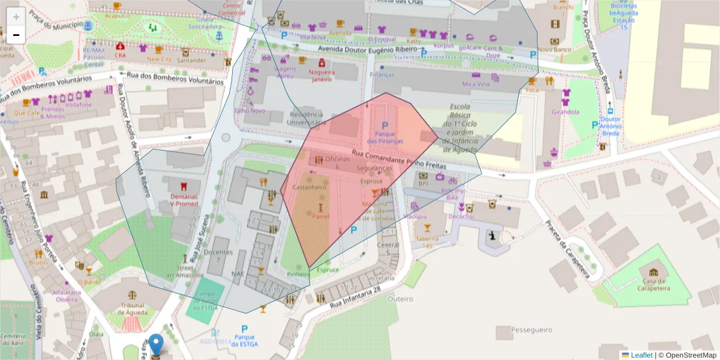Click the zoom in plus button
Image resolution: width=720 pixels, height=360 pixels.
click(16, 16)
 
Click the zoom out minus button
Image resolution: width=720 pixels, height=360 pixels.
click(16, 35)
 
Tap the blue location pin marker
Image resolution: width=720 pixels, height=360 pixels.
click(156, 345)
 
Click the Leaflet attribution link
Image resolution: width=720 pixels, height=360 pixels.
click(641, 355)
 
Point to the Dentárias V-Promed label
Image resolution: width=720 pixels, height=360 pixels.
click(184, 200)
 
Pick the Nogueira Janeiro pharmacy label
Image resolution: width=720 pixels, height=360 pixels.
click(322, 76)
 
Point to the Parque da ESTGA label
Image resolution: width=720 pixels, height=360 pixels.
click(244, 340)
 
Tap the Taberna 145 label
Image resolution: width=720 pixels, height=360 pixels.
click(427, 242)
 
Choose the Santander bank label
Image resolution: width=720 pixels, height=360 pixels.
click(192, 60)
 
